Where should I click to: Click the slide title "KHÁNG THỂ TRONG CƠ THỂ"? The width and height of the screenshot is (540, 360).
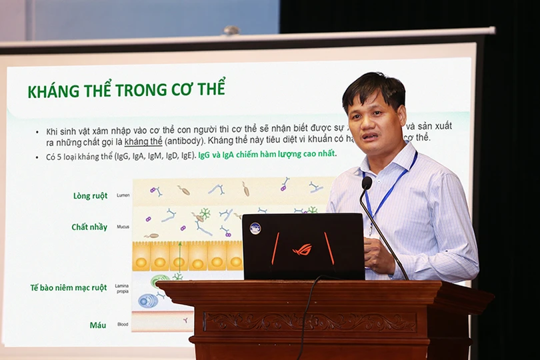(x=127, y=91)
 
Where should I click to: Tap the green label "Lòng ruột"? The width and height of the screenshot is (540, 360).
(x=90, y=196)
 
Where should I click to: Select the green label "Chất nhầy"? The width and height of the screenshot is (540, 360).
(x=89, y=227)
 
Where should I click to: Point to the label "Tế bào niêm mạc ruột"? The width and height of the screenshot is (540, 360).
(x=69, y=288)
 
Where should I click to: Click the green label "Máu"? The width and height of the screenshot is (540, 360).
(x=98, y=325)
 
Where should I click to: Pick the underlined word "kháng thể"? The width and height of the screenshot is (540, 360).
(x=142, y=141)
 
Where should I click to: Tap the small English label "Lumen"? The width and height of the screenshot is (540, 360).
(x=123, y=196)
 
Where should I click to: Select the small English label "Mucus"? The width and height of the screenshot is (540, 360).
(x=123, y=227)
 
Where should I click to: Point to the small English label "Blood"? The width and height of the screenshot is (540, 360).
(x=123, y=325)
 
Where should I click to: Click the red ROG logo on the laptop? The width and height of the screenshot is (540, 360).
(x=301, y=249)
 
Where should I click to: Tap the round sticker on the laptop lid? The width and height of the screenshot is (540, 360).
(x=255, y=228)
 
